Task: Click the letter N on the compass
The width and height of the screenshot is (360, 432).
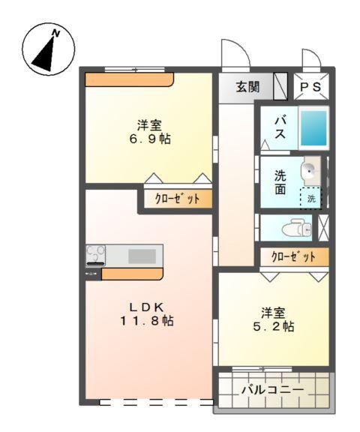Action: pos(56,33)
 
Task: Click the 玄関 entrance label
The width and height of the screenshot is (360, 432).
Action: pos(248,87)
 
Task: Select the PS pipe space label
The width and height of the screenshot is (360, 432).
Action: pos(310,87)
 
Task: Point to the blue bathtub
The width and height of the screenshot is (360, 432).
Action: pos(313,127)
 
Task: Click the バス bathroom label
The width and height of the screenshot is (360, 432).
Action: pos(280,127)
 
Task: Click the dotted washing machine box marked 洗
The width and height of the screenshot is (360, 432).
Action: pos(310,198)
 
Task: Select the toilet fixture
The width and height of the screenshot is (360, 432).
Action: pos(296,227)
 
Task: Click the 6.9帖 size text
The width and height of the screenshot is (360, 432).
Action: pos(150,139)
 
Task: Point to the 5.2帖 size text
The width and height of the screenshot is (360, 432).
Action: pos(274,326)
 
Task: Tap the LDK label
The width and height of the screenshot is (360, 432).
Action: pos(147,307)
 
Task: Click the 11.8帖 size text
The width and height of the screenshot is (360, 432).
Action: pos(147,320)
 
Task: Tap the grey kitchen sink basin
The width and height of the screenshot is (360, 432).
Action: pos(142,256)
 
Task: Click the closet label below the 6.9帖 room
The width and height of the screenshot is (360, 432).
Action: pos(178,198)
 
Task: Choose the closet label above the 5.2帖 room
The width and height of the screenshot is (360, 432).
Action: pos(293,256)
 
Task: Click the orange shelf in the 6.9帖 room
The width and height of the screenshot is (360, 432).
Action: pos(129,79)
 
